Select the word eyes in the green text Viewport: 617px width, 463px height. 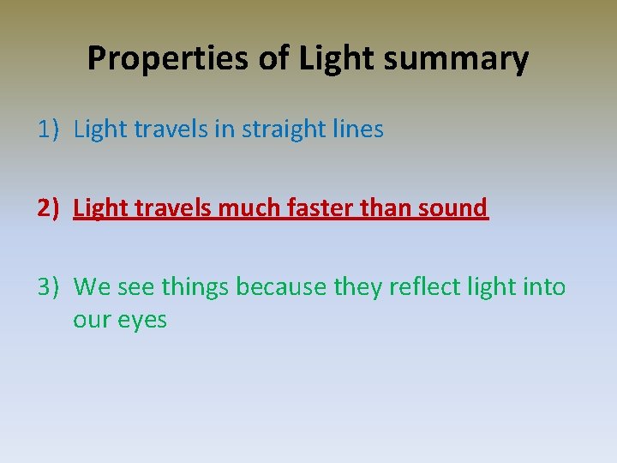click(144, 321)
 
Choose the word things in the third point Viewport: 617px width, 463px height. click(195, 286)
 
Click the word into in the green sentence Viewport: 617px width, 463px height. click(543, 286)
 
